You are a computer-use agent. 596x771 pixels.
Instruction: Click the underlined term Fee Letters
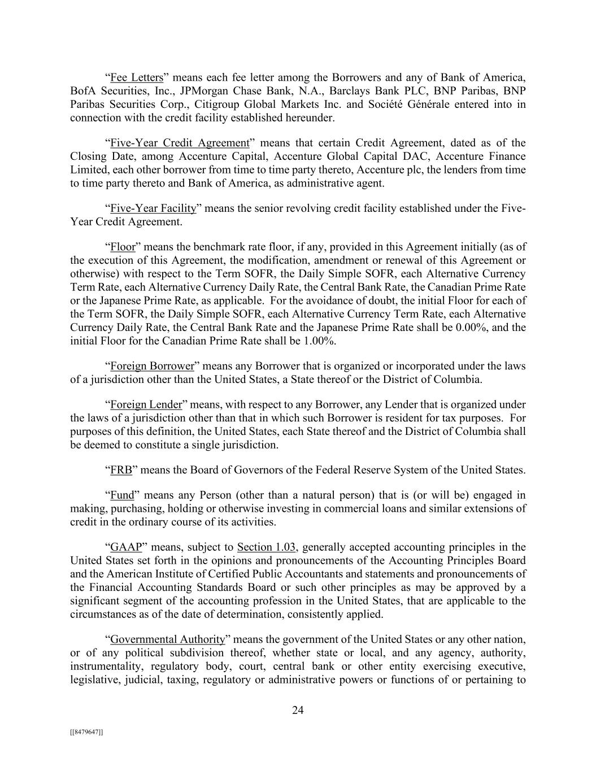[x=137, y=77]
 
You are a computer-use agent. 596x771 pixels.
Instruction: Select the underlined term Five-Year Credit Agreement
[x=180, y=143]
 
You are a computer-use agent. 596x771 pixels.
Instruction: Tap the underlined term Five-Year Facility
[x=153, y=208]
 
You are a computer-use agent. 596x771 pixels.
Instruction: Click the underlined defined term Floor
[x=123, y=247]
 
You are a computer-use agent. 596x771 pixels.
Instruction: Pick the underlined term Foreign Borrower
[x=152, y=366]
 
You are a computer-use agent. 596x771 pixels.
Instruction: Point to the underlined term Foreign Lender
[x=146, y=404]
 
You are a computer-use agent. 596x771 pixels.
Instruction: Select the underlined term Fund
[x=122, y=495]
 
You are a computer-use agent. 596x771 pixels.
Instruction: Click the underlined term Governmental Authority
[x=167, y=639]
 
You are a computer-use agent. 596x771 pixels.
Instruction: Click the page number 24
[x=298, y=711]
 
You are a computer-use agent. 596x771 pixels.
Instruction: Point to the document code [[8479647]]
[x=86, y=732]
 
